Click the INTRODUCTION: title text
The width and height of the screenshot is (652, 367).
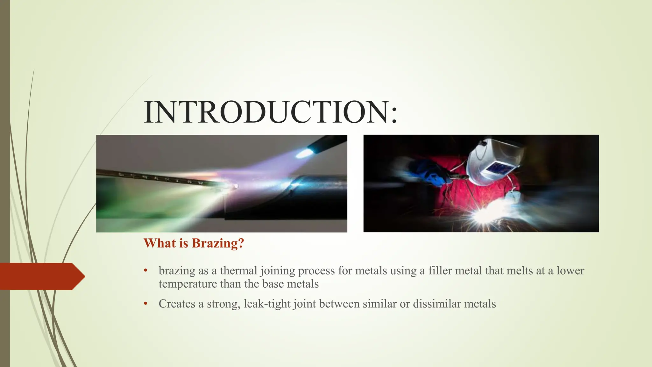coord(271,112)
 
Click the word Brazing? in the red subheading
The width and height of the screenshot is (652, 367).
coord(218,243)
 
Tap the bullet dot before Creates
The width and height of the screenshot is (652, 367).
coord(145,304)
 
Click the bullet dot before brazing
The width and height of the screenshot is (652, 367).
coord(145,270)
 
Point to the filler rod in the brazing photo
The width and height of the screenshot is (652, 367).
coord(159,178)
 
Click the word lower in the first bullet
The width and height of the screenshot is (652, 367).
coord(570,271)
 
